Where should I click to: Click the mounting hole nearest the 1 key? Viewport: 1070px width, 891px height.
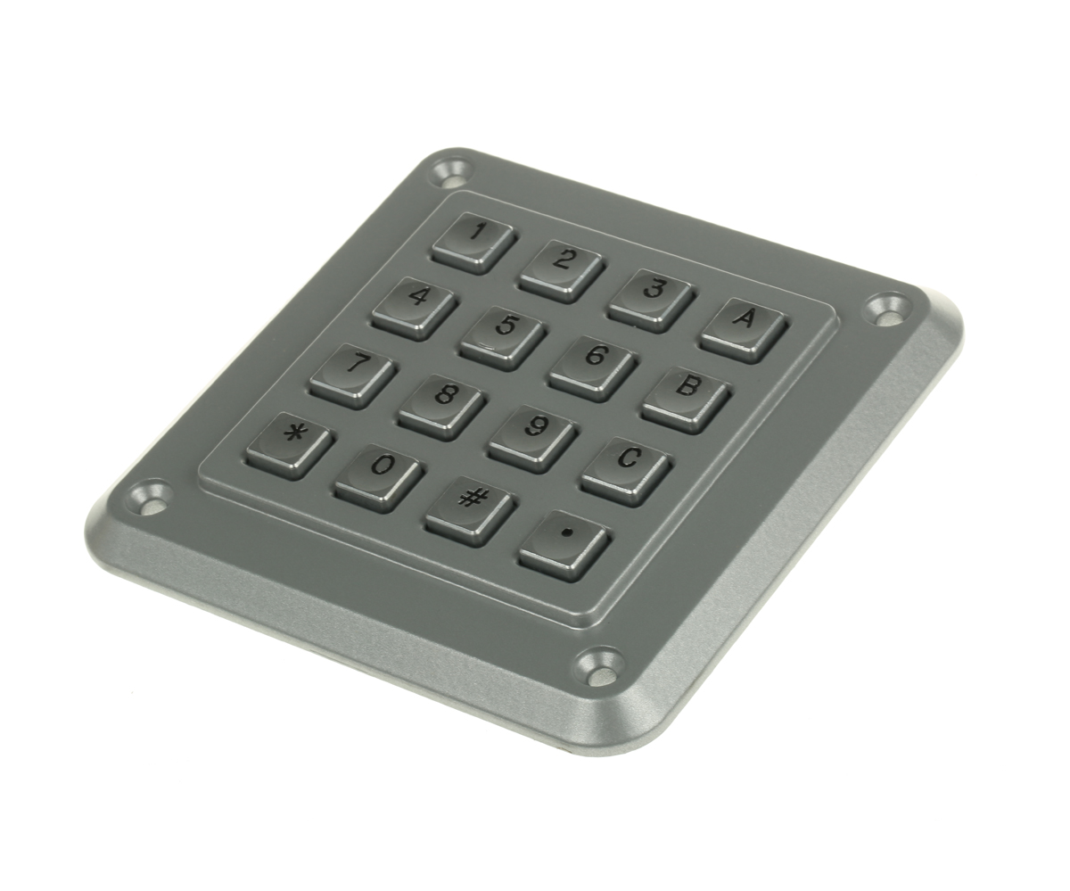(x=451, y=169)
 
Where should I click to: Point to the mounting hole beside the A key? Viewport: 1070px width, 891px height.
(x=888, y=309)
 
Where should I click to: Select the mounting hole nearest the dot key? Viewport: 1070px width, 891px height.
(x=600, y=668)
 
